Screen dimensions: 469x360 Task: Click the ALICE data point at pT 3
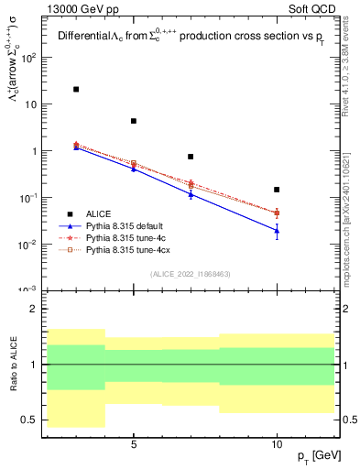coord(76,89)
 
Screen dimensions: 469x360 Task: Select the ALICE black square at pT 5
coord(134,121)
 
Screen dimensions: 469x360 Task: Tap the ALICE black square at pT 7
coord(191,157)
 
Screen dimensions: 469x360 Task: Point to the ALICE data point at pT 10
coord(277,190)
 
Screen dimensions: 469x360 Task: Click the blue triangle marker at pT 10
coord(277,231)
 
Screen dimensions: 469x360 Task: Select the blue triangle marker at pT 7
coord(191,194)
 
